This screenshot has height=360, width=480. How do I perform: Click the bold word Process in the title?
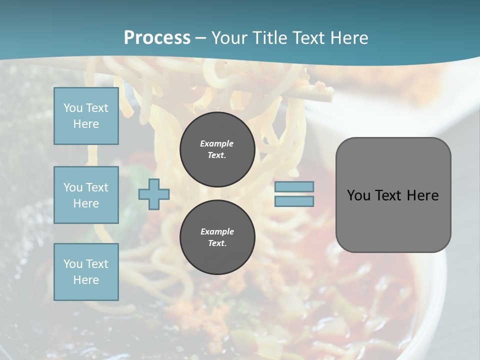tap(157, 38)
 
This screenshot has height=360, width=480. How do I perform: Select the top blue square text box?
tap(86, 116)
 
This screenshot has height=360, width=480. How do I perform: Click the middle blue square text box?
tap(86, 195)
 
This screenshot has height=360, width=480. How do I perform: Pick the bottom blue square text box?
tap(86, 272)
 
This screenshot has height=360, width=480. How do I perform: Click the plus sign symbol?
tap(153, 194)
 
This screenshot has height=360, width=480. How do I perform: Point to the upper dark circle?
tap(217, 149)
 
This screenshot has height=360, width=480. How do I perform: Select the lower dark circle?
tap(217, 237)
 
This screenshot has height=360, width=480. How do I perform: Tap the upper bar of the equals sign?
tap(294, 186)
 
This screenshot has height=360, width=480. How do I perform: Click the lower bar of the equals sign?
tap(294, 201)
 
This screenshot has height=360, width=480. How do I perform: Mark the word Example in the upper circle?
tap(217, 143)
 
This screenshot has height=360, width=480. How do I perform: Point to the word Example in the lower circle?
tap(217, 231)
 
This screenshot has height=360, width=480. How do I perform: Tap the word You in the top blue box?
tap(73, 108)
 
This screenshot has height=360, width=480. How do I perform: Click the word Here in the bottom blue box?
tap(86, 280)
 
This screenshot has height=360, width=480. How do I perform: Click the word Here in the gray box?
tap(422, 195)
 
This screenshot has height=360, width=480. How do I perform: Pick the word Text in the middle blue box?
tap(97, 187)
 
